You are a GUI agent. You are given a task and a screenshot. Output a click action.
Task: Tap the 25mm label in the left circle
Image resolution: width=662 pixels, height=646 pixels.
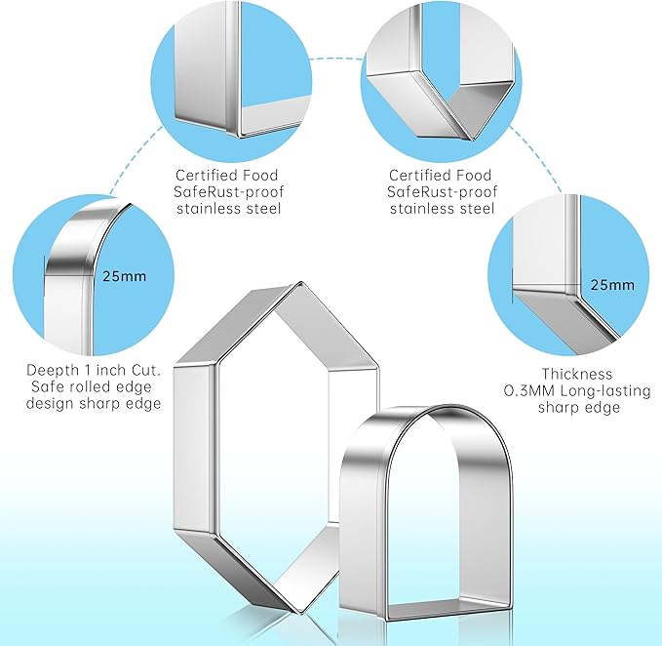point(124,276)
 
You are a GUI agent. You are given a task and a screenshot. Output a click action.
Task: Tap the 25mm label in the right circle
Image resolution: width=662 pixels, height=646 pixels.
point(612,285)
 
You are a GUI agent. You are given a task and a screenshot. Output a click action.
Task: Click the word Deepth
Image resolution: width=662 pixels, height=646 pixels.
point(53,371)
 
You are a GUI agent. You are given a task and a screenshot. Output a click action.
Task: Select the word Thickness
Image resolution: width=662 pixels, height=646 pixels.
point(577,374)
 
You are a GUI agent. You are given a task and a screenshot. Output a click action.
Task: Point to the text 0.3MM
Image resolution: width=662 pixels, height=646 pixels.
point(529,390)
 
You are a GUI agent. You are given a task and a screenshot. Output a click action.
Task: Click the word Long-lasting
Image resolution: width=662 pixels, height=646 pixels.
point(605,391)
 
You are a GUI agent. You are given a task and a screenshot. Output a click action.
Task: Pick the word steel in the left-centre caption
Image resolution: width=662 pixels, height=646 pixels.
point(261,209)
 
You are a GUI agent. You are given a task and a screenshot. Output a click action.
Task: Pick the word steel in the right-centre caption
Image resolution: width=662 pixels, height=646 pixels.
point(475,209)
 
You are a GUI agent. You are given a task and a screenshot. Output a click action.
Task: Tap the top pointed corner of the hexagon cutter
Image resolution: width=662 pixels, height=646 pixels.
point(300,282)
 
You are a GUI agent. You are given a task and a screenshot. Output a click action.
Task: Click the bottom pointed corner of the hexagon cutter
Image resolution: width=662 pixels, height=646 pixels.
point(300,611)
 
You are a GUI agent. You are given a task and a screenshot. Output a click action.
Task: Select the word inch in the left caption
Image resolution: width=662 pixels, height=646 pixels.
point(111,370)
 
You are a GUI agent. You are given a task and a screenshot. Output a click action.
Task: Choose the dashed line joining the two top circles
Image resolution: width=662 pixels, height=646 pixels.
point(336,59)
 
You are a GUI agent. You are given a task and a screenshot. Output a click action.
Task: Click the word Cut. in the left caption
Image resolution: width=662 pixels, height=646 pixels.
point(146,371)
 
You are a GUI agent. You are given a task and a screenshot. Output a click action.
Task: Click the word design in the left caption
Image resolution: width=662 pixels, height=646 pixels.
point(50,404)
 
